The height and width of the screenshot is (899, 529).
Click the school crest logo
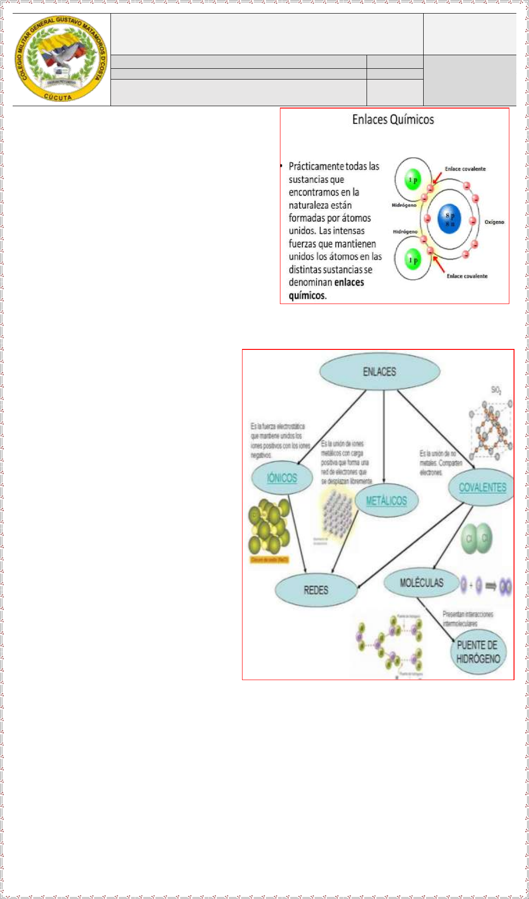click(61, 59)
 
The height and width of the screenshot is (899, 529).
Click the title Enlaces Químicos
click(393, 120)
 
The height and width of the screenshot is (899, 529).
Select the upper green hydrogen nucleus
click(412, 180)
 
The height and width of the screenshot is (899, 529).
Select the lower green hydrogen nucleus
click(412, 260)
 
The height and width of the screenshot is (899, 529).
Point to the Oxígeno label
click(494, 222)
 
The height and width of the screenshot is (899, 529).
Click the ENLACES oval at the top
click(380, 371)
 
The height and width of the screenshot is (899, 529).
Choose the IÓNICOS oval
click(282, 478)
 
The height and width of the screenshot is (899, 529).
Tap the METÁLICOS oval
click(386, 500)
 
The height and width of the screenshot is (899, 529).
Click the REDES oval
click(316, 590)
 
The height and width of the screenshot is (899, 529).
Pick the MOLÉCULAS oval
click(421, 583)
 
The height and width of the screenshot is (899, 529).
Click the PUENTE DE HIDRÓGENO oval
click(478, 652)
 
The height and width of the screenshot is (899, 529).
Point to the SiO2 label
click(496, 390)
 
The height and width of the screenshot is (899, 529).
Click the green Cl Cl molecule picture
click(477, 539)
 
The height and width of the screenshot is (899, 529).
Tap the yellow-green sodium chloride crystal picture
click(269, 526)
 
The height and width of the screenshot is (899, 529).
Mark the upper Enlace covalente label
click(465, 169)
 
